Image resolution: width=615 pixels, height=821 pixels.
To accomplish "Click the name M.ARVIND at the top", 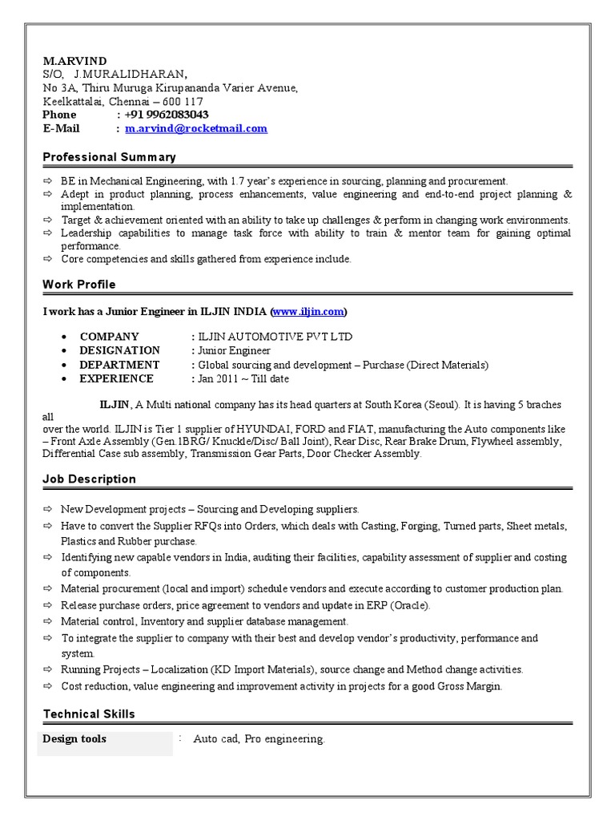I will coord(74,62).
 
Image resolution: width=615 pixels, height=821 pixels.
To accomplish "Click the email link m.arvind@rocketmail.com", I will coord(196,128).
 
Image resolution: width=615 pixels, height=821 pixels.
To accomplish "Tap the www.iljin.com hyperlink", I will coord(308,311).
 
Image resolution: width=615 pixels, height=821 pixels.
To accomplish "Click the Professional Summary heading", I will coord(109,157).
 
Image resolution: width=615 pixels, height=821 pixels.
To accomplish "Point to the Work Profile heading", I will coord(79,284).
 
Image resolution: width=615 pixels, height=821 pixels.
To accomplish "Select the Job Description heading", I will coord(90,479).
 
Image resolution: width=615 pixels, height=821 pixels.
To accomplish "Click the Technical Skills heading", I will coord(89,714).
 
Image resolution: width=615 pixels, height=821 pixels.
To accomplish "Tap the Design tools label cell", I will coord(74,738).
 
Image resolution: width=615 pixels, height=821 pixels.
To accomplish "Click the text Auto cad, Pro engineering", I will coord(259,739).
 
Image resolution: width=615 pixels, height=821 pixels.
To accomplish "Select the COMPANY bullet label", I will coord(109,337).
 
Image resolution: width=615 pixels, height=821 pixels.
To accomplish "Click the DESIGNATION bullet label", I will coord(119,350).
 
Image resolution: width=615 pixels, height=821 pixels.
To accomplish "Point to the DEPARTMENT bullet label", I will coord(119,365).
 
